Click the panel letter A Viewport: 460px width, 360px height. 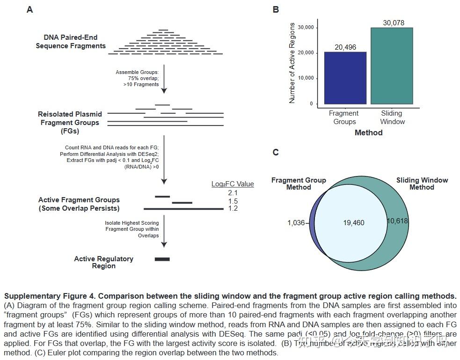[x=30, y=9]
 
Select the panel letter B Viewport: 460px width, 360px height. [x=276, y=9]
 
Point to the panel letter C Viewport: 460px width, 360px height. [x=276, y=152]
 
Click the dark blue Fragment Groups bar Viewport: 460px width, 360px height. [x=345, y=78]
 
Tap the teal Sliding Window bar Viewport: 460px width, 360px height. [x=392, y=66]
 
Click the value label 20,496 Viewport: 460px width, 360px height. [x=345, y=47]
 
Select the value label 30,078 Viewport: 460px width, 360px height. [x=393, y=23]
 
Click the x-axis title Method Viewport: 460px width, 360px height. [x=368, y=133]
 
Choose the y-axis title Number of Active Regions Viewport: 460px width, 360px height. [x=292, y=61]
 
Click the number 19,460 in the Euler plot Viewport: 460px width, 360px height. [x=353, y=223]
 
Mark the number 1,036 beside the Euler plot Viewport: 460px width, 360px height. [x=296, y=223]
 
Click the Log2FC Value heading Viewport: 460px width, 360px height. [x=233, y=184]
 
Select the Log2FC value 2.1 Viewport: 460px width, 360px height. [x=233, y=193]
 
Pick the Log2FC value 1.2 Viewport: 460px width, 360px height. [x=233, y=208]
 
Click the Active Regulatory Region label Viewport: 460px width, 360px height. [x=103, y=262]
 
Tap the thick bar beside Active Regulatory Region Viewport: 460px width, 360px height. [x=162, y=259]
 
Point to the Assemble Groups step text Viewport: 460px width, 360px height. [x=137, y=78]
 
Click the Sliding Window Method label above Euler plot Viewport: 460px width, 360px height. [x=422, y=184]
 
